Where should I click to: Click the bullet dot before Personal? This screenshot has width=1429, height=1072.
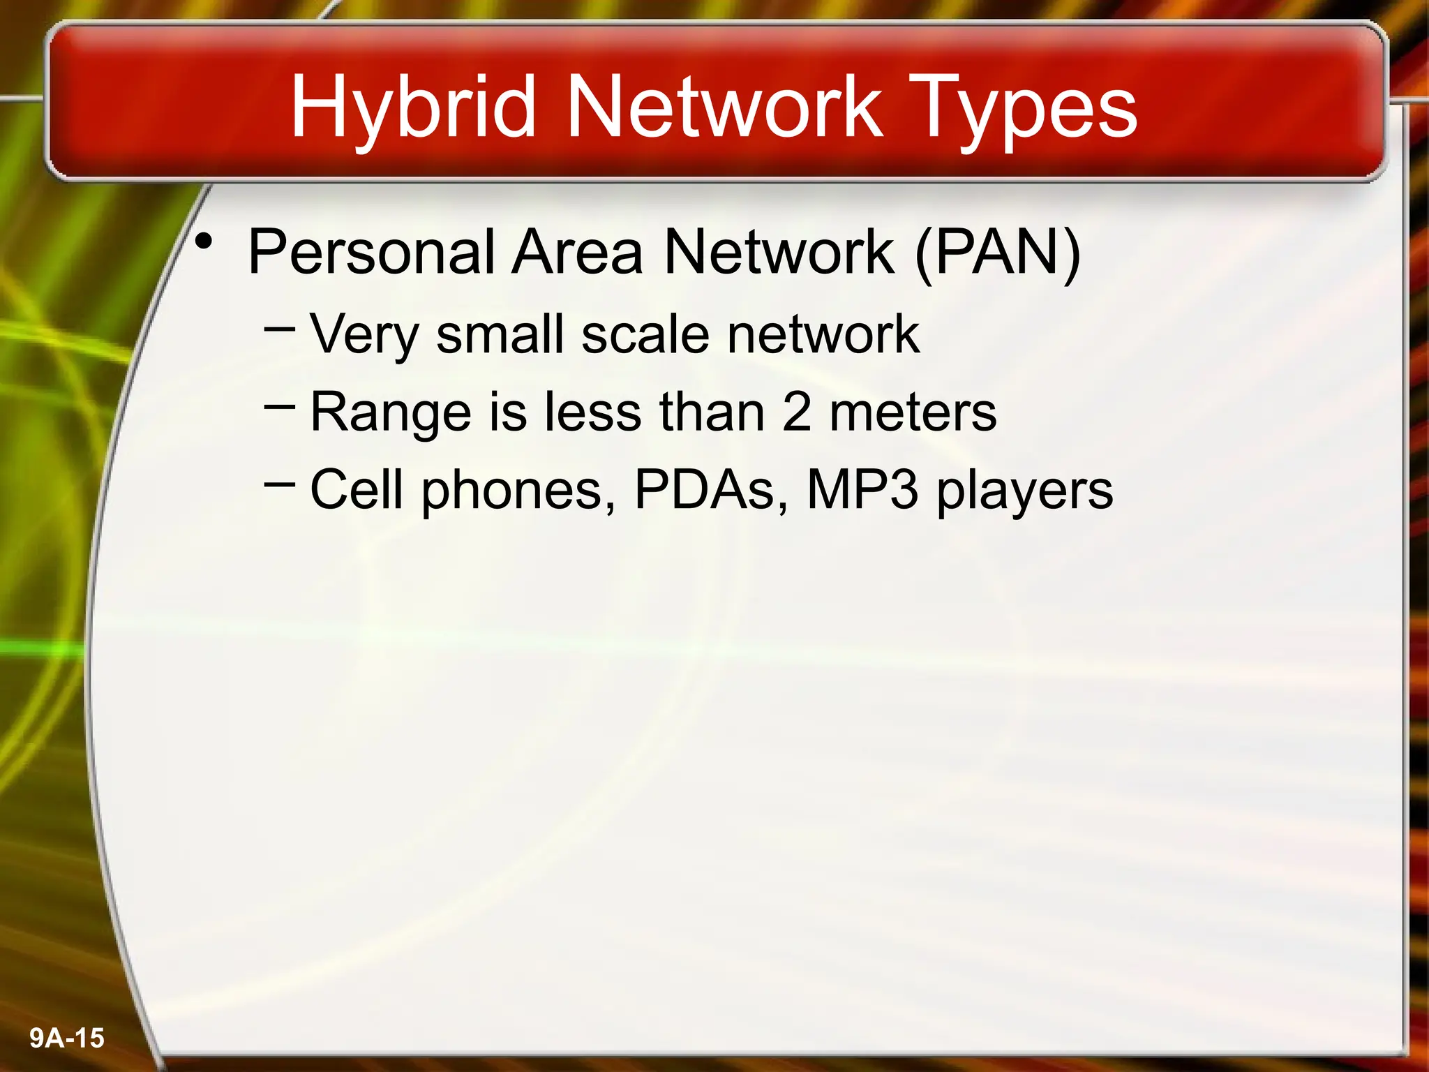click(204, 242)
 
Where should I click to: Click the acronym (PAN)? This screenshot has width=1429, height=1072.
click(998, 253)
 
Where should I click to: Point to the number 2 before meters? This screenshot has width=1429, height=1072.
click(797, 412)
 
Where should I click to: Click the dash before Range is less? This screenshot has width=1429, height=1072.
click(280, 404)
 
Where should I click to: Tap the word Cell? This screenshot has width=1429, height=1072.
click(357, 489)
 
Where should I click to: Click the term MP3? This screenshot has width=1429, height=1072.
click(862, 489)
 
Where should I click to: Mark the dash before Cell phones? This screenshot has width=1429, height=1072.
click(280, 482)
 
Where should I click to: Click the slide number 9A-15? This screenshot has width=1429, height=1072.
click(67, 1038)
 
